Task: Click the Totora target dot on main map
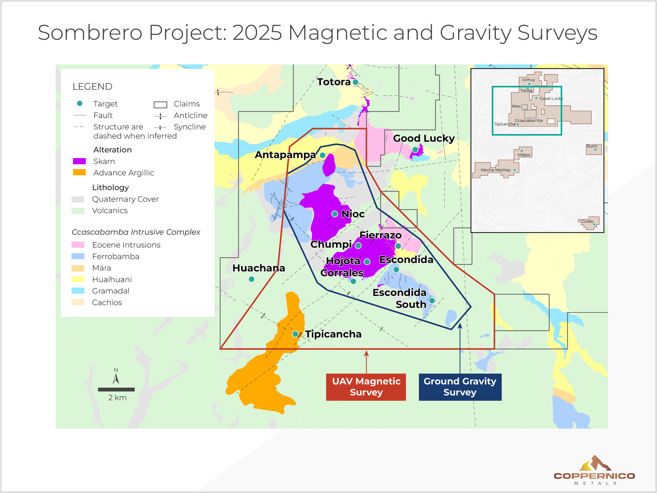[355, 82]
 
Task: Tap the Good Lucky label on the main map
[424, 138]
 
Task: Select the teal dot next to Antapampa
[323, 155]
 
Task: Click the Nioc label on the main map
[353, 214]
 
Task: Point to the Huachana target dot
[251, 279]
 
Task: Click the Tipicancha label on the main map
[333, 334]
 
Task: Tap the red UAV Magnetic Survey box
[366, 387]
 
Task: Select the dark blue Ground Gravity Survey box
[460, 387]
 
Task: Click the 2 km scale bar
[116, 389]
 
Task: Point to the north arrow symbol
[116, 378]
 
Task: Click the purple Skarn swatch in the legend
[79, 161]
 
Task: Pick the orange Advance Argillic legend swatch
[79, 173]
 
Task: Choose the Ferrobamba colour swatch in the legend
[78, 256]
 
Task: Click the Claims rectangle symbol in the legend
[160, 104]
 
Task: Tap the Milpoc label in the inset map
[524, 155]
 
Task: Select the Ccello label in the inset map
[587, 221]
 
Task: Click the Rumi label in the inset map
[592, 146]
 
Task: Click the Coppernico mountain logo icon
[595, 463]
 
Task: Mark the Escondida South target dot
[432, 301]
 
